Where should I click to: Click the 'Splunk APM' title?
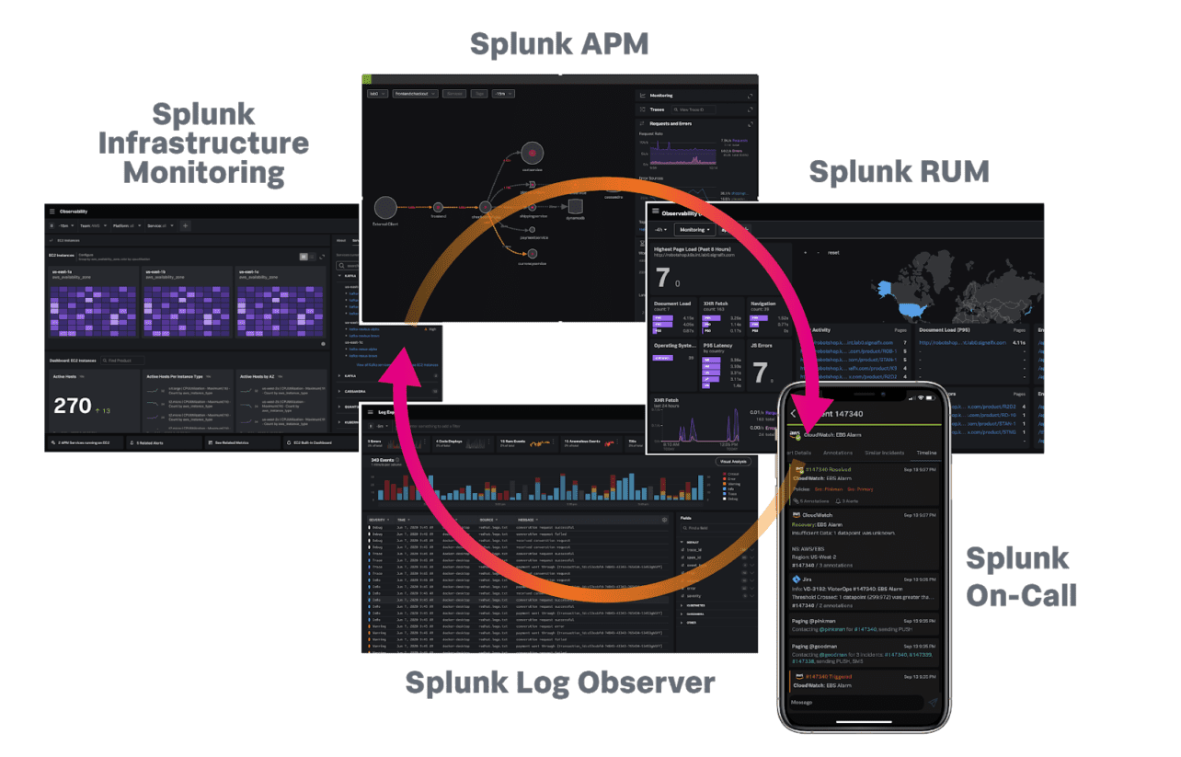559,43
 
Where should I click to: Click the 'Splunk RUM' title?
899,171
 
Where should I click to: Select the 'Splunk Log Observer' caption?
560,682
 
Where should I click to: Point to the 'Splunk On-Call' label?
1020,576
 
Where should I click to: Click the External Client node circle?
385,209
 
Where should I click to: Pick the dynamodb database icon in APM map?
575,206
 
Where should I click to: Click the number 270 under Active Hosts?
73,406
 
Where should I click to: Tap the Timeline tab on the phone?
925,453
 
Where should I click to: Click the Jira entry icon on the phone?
797,579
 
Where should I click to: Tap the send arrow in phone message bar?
932,702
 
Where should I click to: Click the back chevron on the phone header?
794,414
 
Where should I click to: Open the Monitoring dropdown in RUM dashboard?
695,229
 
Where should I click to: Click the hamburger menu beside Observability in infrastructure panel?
52,211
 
